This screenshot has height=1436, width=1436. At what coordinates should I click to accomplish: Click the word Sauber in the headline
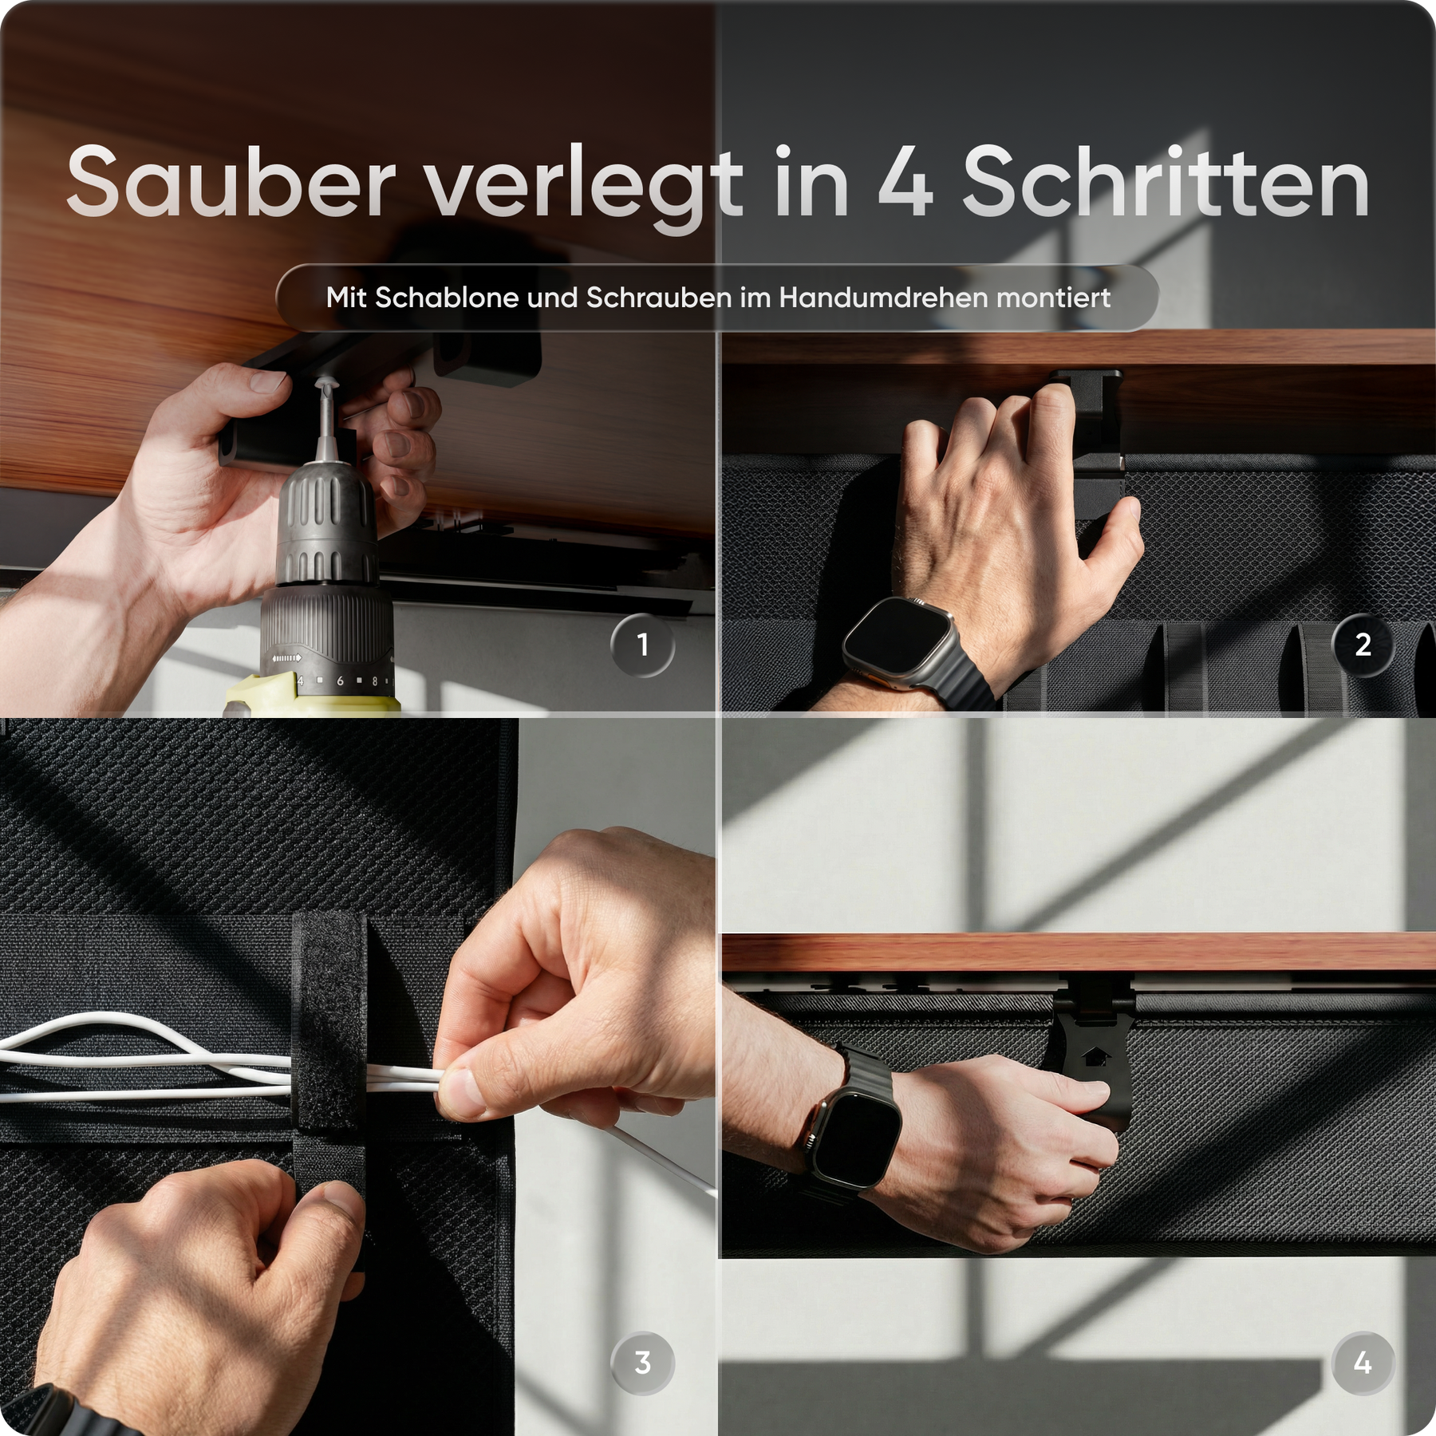tap(231, 182)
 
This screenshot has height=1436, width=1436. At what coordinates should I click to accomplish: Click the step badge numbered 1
tap(642, 645)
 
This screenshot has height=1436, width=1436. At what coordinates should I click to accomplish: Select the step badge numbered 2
tap(1363, 645)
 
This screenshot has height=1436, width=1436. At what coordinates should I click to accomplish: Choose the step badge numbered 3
tap(642, 1363)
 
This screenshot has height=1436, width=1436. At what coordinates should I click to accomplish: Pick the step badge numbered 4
tap(1363, 1363)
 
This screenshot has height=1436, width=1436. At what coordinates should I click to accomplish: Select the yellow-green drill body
tap(311, 695)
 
